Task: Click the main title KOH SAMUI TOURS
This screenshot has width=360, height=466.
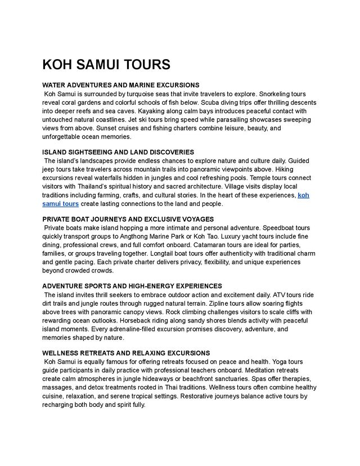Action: (x=106, y=65)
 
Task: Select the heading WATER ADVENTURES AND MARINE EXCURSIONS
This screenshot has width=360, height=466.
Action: (x=121, y=85)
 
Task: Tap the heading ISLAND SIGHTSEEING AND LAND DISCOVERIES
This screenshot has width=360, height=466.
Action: (x=118, y=152)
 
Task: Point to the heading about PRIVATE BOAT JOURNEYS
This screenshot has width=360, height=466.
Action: (x=128, y=219)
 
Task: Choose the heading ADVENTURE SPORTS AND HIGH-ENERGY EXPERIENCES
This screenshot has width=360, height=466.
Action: (x=132, y=286)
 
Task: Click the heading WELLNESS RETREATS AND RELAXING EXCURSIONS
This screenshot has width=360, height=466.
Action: (x=126, y=353)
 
